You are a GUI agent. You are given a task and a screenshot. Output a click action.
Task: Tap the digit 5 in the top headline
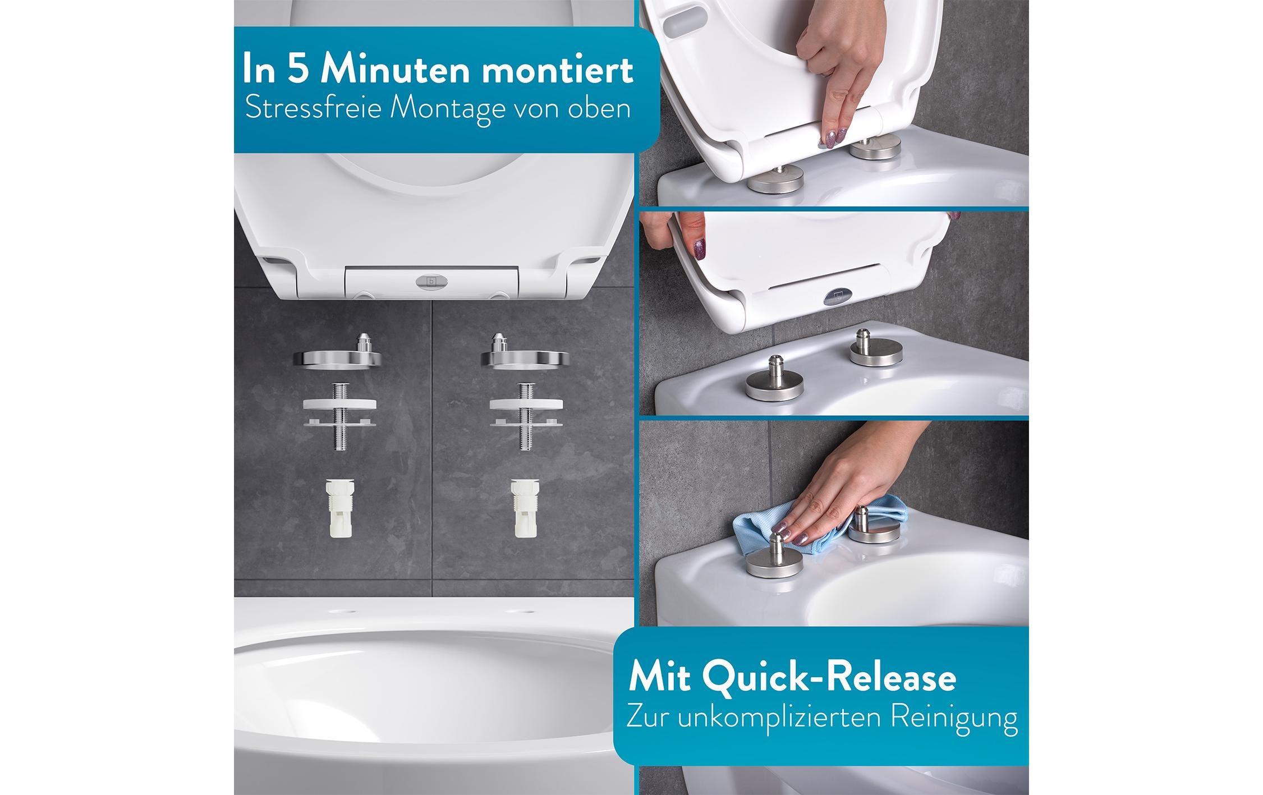tap(300, 70)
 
